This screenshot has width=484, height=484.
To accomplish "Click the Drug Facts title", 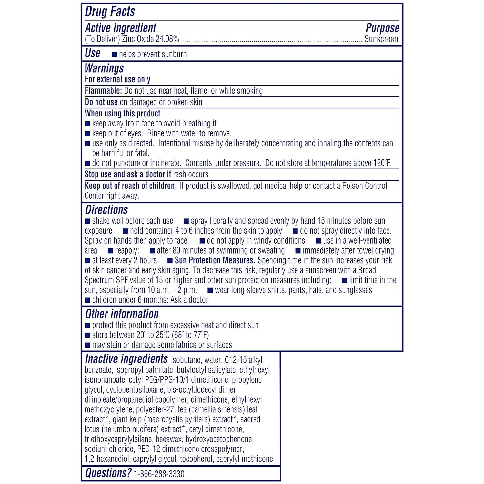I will [x=110, y=12].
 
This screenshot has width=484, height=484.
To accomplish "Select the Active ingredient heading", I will [x=120, y=28].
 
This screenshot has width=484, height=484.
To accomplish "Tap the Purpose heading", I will [x=382, y=28].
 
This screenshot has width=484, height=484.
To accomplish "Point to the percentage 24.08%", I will [x=167, y=39].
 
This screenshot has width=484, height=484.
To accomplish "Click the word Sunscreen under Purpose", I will [x=381, y=39].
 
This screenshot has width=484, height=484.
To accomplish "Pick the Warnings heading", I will [x=104, y=68].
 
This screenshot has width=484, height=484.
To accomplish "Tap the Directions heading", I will [x=106, y=210].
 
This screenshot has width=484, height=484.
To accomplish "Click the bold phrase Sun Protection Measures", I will [x=215, y=260].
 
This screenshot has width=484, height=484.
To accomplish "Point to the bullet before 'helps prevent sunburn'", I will [x=114, y=55].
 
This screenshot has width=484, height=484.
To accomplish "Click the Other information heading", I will [x=122, y=314].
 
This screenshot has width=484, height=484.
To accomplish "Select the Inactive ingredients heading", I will [x=126, y=359].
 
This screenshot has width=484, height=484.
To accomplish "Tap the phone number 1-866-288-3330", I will [x=159, y=474].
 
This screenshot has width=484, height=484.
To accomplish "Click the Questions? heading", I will [x=108, y=473].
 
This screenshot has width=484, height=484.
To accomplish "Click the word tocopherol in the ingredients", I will [x=197, y=459].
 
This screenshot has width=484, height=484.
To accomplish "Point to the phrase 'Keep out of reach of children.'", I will [x=131, y=186].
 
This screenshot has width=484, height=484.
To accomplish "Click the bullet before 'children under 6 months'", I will [x=87, y=300].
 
